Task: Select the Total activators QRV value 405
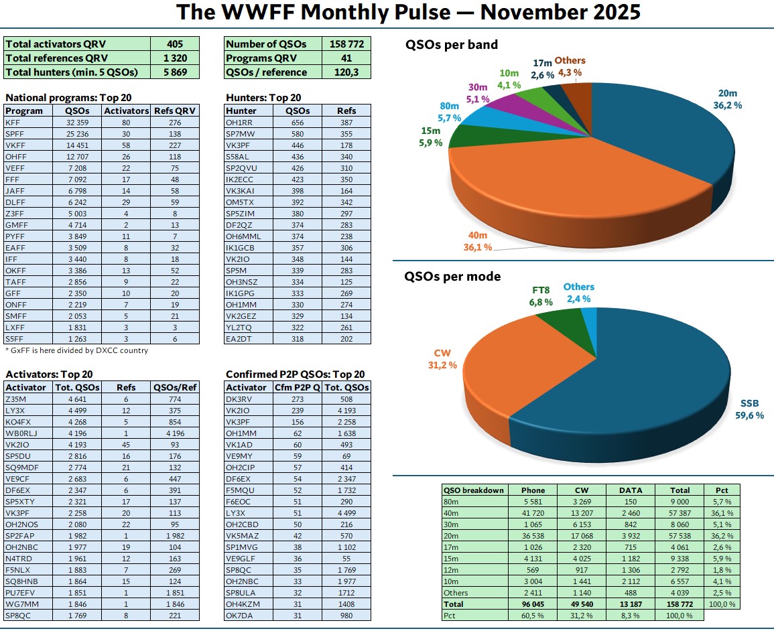click(175, 44)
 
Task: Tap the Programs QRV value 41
click(346, 58)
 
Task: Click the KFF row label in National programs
click(13, 123)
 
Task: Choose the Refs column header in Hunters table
click(346, 111)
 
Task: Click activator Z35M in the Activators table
click(16, 399)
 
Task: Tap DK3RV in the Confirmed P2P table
click(240, 399)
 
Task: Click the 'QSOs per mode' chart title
click(453, 277)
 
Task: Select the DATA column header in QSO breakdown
click(629, 490)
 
